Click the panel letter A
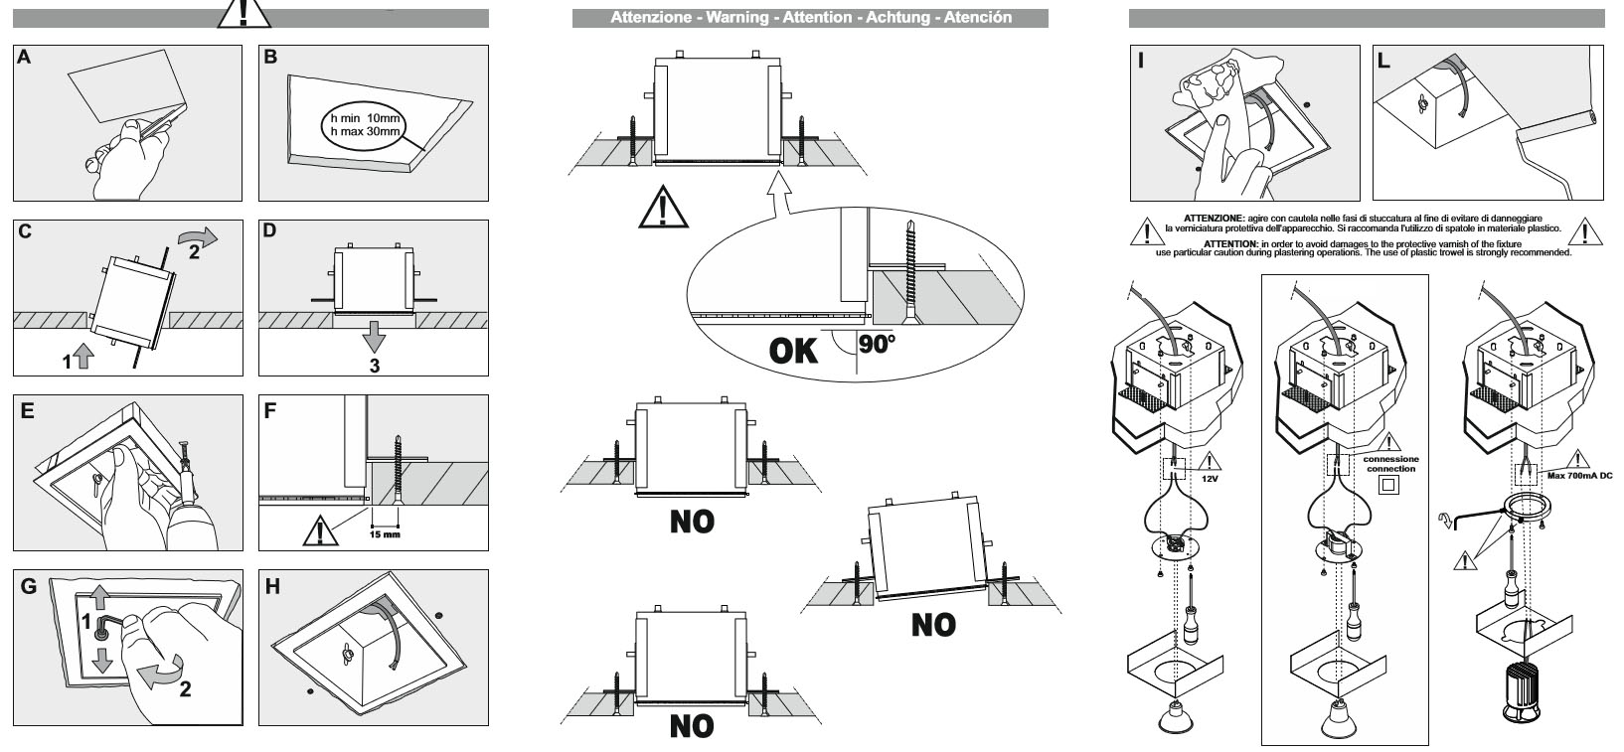pyautogui.click(x=25, y=58)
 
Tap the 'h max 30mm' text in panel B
pyautogui.click(x=366, y=131)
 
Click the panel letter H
pyautogui.click(x=272, y=587)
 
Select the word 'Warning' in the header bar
pyautogui.click(x=739, y=17)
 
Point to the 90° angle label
pyautogui.click(x=876, y=345)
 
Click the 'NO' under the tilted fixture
pyautogui.click(x=933, y=625)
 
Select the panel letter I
pyautogui.click(x=1141, y=61)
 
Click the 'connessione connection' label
pyautogui.click(x=1390, y=464)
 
